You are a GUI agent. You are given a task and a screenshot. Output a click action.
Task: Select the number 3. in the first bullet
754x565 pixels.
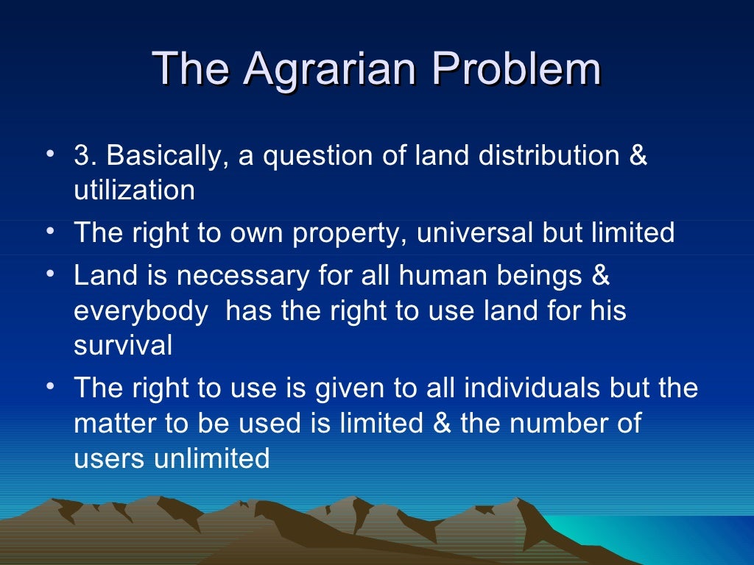[85, 156]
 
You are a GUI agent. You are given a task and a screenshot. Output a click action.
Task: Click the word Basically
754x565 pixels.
[165, 156]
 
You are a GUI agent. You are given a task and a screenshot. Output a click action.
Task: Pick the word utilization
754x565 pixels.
[134, 191]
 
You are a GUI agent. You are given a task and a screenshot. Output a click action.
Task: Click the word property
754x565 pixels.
[350, 233]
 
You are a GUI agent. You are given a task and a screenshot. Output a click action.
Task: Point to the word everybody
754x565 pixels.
[140, 311]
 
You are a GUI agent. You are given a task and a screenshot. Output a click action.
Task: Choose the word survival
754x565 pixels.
[122, 345]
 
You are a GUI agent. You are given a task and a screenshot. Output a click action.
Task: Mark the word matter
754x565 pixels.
[114, 423]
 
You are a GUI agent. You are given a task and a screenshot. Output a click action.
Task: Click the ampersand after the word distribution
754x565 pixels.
[638, 156]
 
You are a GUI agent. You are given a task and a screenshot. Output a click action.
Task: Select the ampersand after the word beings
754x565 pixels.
[601, 276]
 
